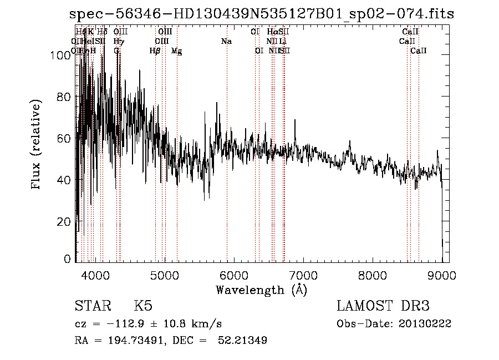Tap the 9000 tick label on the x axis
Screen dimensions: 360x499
tap(441, 275)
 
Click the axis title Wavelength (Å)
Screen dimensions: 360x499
tap(261, 290)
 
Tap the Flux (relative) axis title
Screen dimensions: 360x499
tap(37, 145)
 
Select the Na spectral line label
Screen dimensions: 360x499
tap(226, 41)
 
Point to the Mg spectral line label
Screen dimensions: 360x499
tap(176, 51)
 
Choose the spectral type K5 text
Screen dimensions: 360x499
tap(143, 306)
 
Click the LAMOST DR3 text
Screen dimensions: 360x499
tap(383, 306)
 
